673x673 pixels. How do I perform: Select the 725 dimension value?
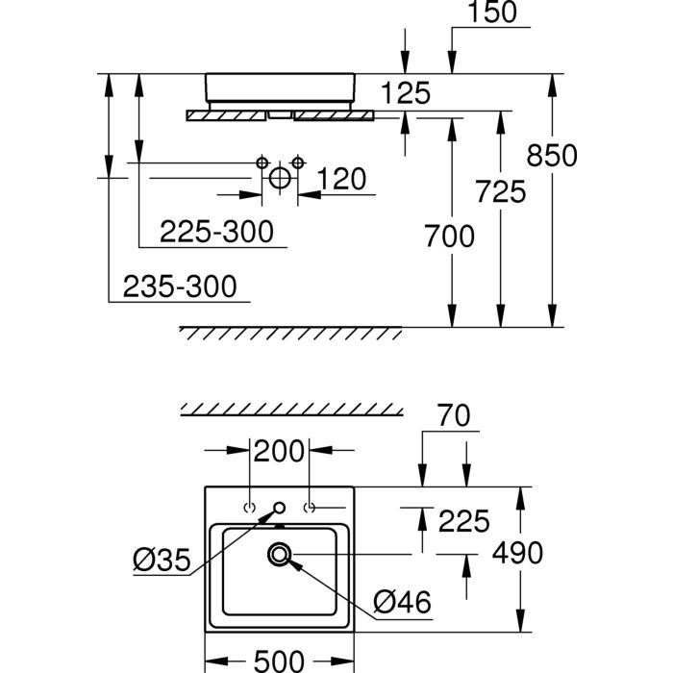tap(501, 192)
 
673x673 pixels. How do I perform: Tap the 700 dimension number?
tap(450, 235)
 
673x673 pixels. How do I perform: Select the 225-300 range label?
tap(216, 232)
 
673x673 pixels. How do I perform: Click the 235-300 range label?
tap(180, 286)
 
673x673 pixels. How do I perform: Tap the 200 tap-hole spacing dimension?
tap(279, 450)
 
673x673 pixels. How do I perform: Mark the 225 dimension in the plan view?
tap(464, 521)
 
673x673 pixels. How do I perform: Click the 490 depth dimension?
tap(518, 553)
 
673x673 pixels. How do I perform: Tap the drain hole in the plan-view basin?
tap(280, 554)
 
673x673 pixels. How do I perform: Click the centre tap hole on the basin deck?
tap(280, 507)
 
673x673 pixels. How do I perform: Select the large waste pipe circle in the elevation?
tap(279, 179)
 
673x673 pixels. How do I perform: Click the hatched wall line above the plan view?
tap(292, 411)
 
